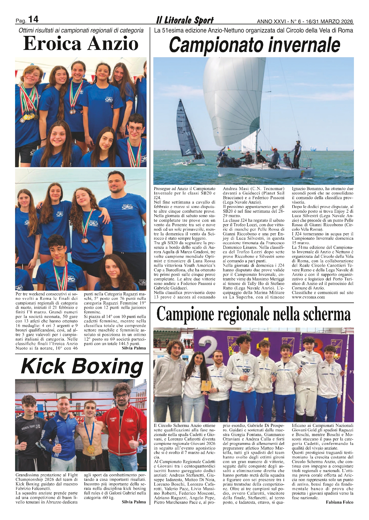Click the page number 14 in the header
pos(33,19)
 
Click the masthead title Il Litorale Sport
pos(185,20)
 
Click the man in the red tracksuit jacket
pos(120,429)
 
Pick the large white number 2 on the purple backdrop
pos(207,351)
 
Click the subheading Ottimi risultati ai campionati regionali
pos(81,30)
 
